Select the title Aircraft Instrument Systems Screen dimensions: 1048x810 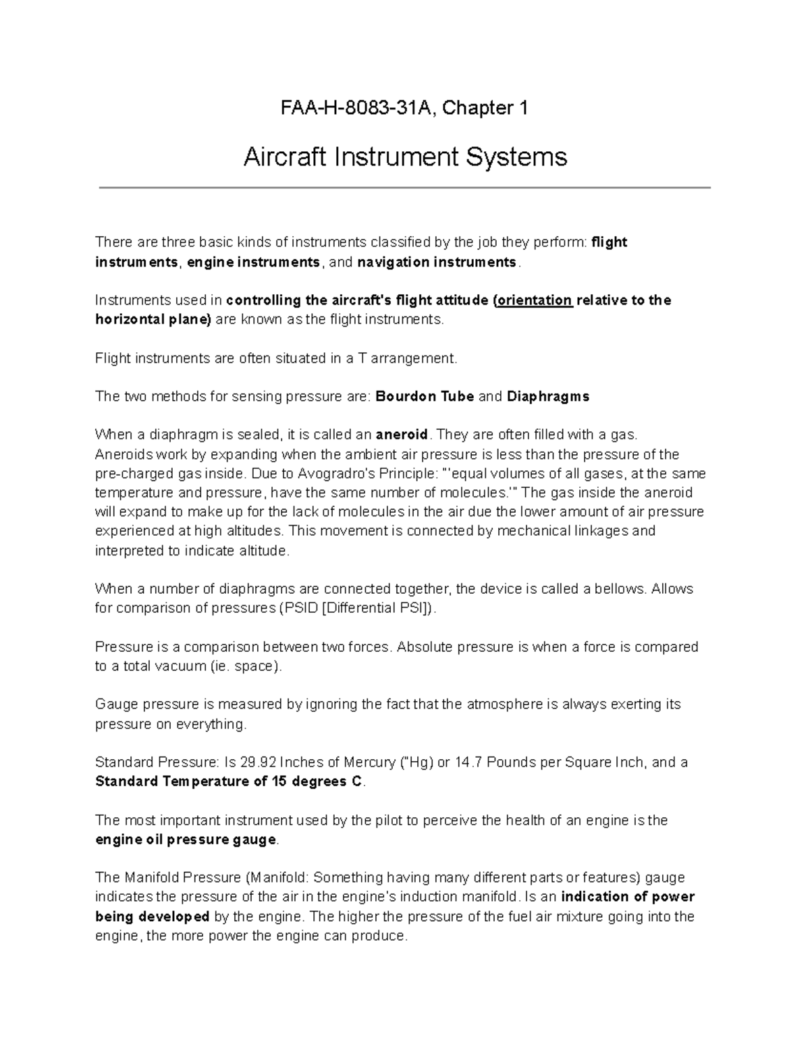point(405,157)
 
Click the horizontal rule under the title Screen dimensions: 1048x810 point(405,188)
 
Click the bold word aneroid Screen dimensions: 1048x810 point(402,435)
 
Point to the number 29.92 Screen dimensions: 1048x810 point(258,763)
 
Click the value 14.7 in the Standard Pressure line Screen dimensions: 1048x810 point(469,763)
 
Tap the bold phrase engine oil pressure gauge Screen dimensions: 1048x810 point(186,840)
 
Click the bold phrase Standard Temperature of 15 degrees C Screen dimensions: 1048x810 point(230,782)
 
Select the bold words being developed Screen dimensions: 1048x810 point(153,917)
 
